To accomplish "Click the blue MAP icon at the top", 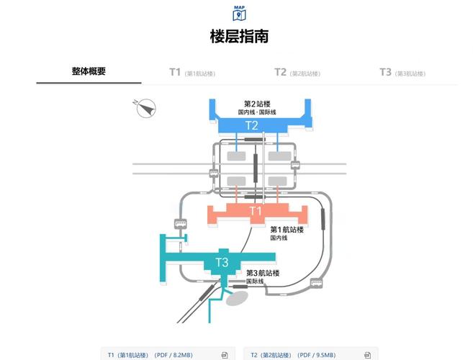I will tap(239, 13).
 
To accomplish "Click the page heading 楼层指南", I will tap(239, 36).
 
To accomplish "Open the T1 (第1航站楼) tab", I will tap(192, 72).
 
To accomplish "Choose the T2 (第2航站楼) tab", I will tap(297, 72).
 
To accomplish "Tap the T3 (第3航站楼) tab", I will tap(402, 72).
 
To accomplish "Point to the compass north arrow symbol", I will tap(146, 108).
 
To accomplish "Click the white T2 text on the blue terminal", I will tap(252, 125).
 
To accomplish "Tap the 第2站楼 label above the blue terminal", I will tap(257, 104).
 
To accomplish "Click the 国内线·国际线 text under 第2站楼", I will tap(257, 112).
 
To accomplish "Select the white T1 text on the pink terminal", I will tap(256, 211).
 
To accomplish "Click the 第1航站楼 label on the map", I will tap(287, 229).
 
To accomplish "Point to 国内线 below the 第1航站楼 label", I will tap(279, 238).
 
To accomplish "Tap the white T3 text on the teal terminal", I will tap(222, 262).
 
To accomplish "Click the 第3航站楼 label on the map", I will tap(262, 273).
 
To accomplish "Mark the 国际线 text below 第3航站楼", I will tap(255, 282).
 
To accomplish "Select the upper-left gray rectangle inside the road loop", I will tap(236, 156).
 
